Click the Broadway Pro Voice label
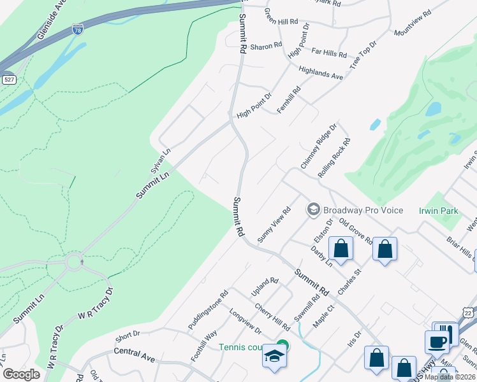click(x=362, y=210)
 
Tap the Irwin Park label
click(x=439, y=211)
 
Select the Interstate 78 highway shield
click(x=77, y=29)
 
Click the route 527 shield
click(x=9, y=80)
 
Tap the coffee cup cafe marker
click(x=437, y=341)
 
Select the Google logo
click(x=21, y=374)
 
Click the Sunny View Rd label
click(x=274, y=224)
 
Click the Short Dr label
click(x=128, y=335)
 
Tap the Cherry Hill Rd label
click(x=272, y=316)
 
